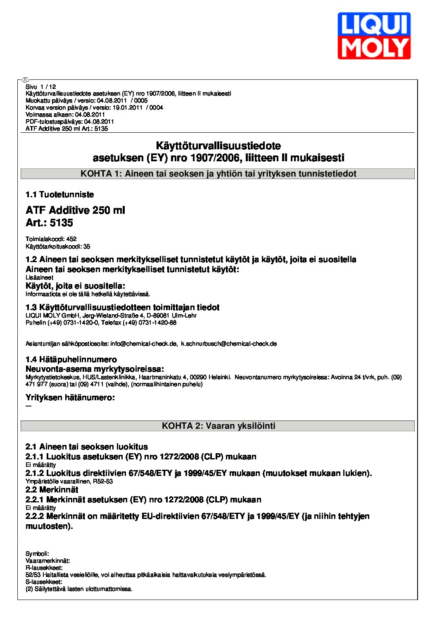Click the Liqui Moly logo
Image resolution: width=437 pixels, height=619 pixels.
pos(374,36)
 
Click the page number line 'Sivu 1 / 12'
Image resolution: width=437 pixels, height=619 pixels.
pos(40,87)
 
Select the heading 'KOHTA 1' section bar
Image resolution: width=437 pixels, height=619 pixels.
pos(218,174)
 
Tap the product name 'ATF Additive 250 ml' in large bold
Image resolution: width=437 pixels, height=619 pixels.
pos(75,210)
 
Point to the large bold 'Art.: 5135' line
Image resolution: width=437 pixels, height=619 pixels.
pos(49,223)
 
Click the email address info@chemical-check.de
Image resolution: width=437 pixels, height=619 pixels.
pos(144,344)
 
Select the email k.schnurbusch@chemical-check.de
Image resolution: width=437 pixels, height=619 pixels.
pos(229,344)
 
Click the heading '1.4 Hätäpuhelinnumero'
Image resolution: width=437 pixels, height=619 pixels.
pos(71,359)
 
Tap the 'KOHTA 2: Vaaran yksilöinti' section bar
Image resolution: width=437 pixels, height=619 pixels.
pos(218,426)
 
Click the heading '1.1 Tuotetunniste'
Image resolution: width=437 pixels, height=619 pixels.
pos(59,194)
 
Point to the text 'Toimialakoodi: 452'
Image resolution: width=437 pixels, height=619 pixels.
pos(51,239)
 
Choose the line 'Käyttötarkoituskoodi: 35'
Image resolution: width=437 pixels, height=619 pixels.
pos(58,246)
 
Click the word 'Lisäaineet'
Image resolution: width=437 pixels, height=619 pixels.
pos(39,277)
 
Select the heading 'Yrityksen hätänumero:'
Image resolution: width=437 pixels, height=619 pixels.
pos(70,397)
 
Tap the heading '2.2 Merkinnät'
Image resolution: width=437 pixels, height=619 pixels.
pos(52,490)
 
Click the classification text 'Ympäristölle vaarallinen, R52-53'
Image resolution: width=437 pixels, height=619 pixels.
pos(69,481)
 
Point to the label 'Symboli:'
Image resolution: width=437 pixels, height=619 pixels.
pos(37,554)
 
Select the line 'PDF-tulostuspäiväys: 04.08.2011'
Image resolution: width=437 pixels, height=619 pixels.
pos(69,122)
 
